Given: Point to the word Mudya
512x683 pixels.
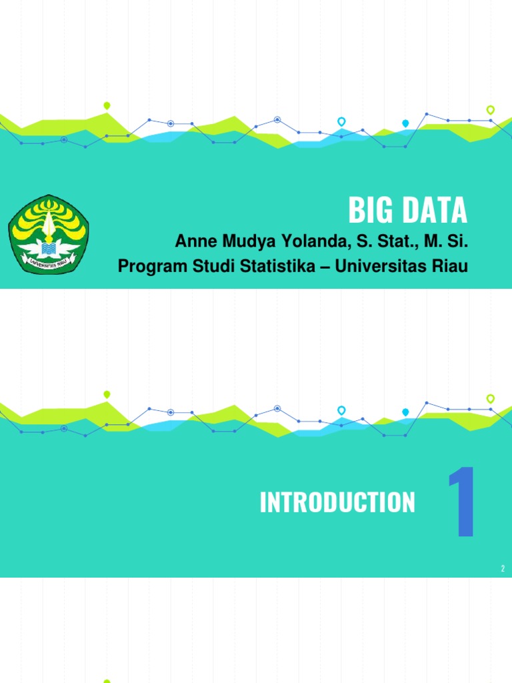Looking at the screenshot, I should (246, 241).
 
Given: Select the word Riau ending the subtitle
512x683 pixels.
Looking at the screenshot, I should (451, 266).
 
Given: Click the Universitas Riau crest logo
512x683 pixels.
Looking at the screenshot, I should (48, 234).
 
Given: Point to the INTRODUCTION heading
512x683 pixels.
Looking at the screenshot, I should (337, 503).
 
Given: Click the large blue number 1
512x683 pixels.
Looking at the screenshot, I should (461, 502).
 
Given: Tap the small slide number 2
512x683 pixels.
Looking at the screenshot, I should (503, 568).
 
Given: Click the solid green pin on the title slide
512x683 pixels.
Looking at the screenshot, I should (107, 105).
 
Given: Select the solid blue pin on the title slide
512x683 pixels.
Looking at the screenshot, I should (405, 123).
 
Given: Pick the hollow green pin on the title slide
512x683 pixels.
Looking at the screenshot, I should (491, 109).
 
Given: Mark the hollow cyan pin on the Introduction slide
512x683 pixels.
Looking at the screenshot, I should (341, 410).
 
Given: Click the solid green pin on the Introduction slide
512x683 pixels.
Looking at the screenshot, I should (107, 394).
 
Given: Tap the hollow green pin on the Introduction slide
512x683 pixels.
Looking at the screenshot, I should (491, 398).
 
